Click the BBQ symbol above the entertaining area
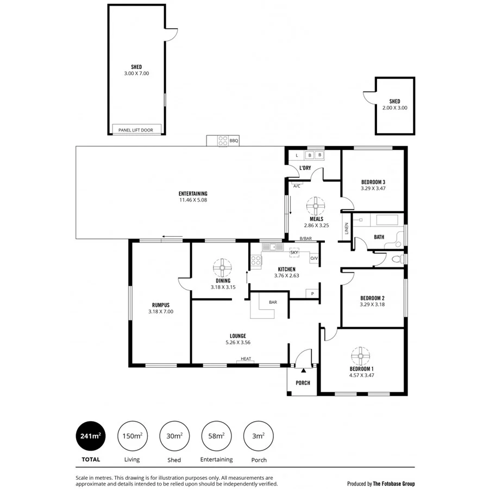pyautogui.click(x=223, y=140)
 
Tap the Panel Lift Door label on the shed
pyautogui.click(x=136, y=130)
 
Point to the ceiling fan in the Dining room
pyautogui.click(x=222, y=268)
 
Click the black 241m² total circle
pyautogui.click(x=91, y=436)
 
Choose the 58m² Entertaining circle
pyautogui.click(x=216, y=436)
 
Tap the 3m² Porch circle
pyautogui.click(x=259, y=436)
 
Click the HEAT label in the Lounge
pyautogui.click(x=246, y=359)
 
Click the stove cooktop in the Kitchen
pyautogui.click(x=255, y=261)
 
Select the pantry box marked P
pyautogui.click(x=312, y=293)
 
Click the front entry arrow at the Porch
pyautogui.click(x=303, y=370)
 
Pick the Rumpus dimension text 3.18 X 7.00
pyautogui.click(x=161, y=312)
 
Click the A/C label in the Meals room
pyautogui.click(x=297, y=186)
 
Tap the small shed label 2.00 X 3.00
pyautogui.click(x=394, y=108)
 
